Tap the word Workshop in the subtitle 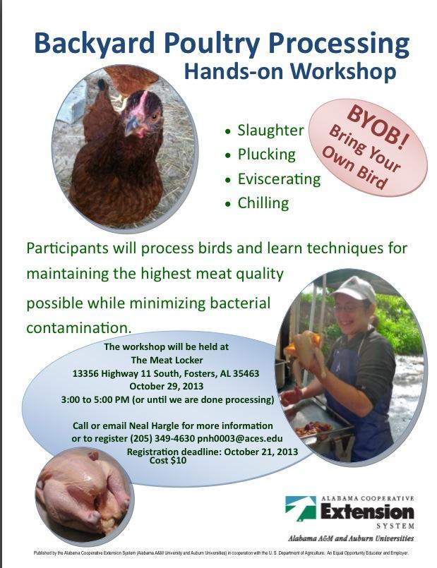(x=342, y=71)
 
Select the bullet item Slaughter (x=270, y=131)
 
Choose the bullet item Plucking (x=266, y=155)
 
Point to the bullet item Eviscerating (x=279, y=179)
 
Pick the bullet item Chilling (x=263, y=203)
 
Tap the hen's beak (x=131, y=125)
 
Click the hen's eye (x=155, y=116)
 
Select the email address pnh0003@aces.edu (x=240, y=438)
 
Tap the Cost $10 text (x=168, y=461)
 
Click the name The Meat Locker (x=167, y=360)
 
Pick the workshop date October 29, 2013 (x=167, y=386)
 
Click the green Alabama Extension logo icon (x=301, y=509)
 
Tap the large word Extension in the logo (x=367, y=512)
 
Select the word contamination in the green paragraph (x=78, y=328)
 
